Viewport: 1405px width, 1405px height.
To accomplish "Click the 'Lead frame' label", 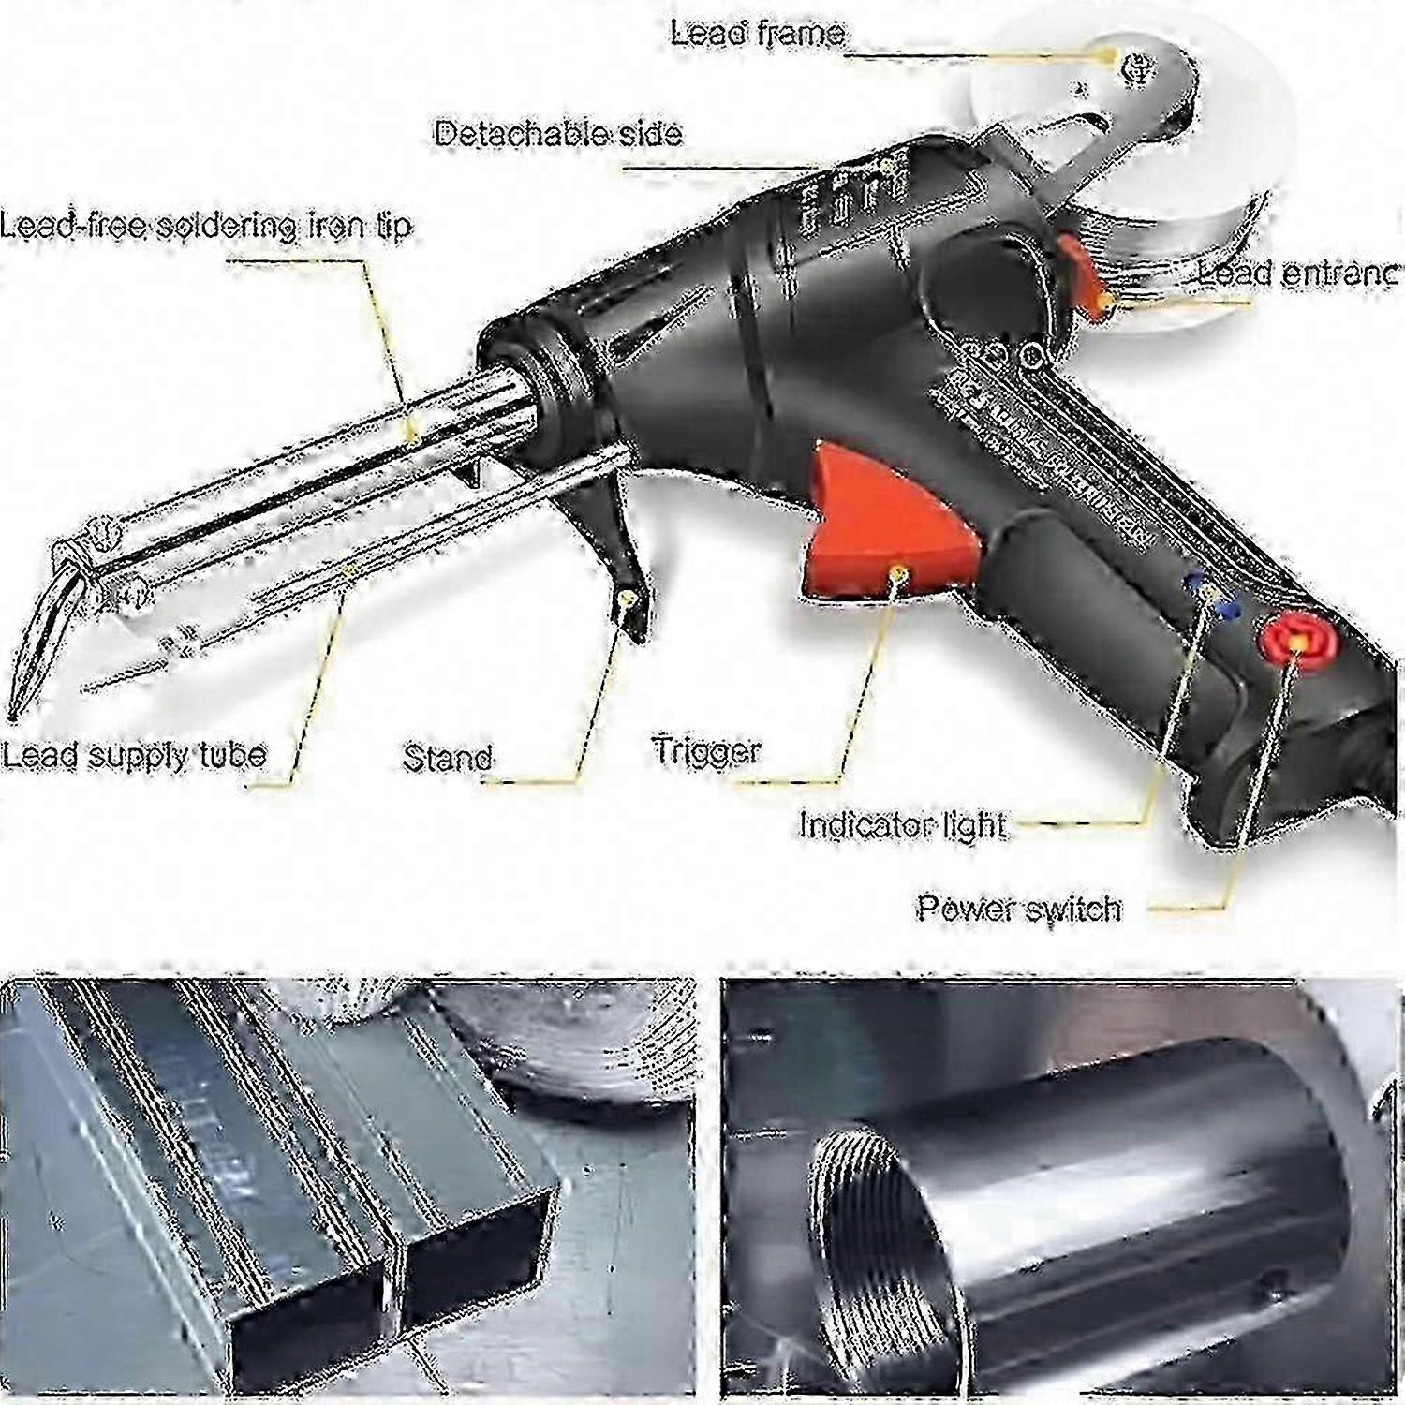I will [757, 35].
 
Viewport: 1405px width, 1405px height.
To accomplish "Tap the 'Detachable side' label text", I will [558, 134].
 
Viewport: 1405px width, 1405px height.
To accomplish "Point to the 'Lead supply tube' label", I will [134, 755].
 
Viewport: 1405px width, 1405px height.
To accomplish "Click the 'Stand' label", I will [447, 758].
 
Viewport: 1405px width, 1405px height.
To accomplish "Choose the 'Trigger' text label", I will [706, 751].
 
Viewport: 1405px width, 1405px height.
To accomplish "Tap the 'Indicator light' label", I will [901, 825].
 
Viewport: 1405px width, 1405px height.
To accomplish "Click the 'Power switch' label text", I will [1018, 909].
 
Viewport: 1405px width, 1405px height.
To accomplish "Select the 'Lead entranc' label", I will [1296, 274].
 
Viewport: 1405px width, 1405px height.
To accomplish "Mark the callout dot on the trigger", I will [897, 569].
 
